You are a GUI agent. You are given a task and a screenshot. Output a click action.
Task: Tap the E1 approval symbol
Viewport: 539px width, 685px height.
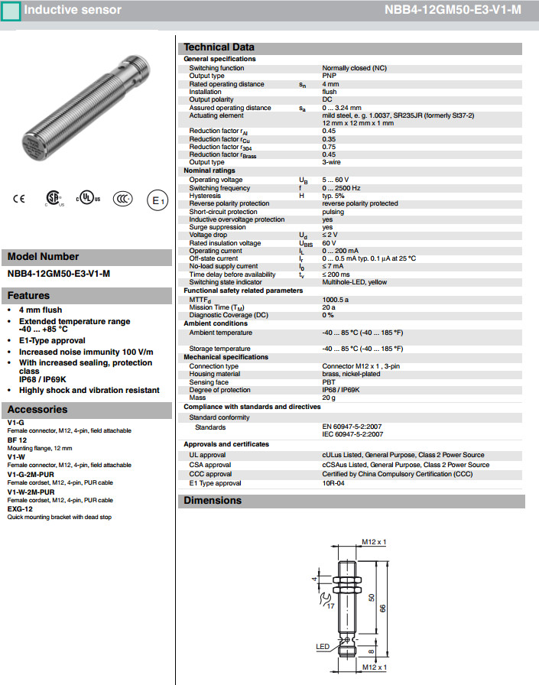coord(156,200)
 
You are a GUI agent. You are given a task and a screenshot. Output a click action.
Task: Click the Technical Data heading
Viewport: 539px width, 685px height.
coord(219,47)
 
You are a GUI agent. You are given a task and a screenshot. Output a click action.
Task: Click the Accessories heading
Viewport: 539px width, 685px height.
coord(37,410)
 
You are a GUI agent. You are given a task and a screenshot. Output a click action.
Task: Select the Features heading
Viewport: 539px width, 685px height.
coord(29,296)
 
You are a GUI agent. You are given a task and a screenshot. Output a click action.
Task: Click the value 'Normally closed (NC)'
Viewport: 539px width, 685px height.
coord(354,68)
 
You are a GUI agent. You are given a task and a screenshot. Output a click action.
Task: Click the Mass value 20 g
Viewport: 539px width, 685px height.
coord(330,398)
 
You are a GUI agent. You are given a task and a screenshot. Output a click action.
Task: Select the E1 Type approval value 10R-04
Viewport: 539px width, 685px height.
coord(334,483)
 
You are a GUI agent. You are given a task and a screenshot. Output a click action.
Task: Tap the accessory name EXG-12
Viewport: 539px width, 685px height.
coord(20,508)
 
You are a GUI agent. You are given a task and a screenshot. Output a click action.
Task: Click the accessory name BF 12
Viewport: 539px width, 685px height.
coord(18,441)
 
